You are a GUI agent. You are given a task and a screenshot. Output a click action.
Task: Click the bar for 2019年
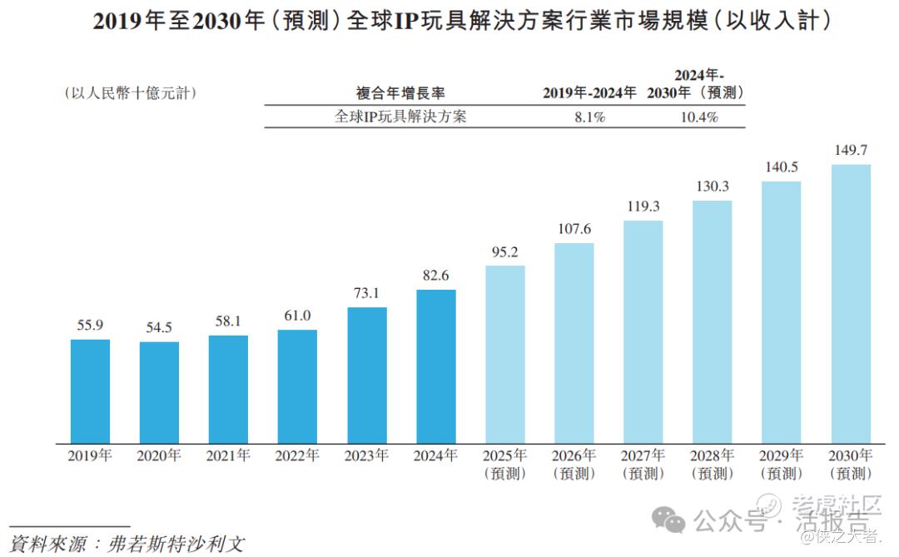90,390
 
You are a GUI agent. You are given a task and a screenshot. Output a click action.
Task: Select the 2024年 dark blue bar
436,366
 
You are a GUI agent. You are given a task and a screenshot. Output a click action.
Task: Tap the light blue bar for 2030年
851,303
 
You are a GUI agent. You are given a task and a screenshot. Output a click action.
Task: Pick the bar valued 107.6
574,342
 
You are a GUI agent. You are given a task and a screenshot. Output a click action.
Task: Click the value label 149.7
851,151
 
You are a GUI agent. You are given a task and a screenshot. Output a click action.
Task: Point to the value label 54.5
159,327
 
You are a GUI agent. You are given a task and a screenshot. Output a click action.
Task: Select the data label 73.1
367,293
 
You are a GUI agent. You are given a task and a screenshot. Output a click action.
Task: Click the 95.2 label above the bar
505,251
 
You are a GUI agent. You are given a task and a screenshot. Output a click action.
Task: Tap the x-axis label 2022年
298,456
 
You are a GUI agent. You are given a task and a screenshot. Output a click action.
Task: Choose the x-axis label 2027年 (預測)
643,465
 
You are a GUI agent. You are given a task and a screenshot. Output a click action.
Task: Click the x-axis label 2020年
159,456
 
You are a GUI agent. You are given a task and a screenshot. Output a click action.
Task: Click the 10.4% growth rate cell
698,117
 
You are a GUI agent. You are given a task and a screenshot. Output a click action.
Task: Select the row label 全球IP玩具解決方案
400,117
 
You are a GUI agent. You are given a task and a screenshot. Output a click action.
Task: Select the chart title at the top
449,22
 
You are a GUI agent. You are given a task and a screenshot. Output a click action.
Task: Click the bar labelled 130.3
713,321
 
